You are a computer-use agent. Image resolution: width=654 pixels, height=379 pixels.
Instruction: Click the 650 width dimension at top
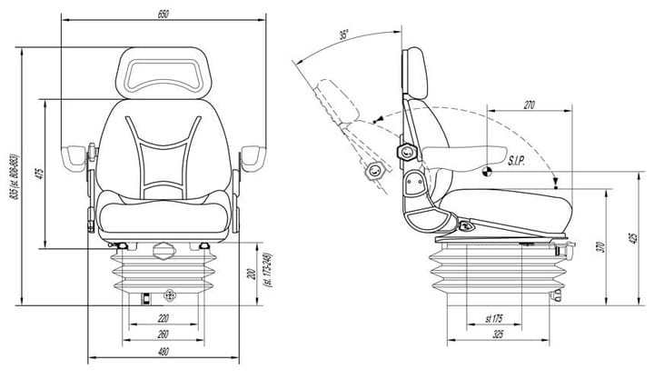163,15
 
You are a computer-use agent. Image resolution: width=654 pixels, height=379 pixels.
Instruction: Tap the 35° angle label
342,35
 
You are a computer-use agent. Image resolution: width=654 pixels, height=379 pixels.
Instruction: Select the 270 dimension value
530,105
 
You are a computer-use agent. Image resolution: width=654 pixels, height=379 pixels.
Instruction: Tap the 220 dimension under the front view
163,318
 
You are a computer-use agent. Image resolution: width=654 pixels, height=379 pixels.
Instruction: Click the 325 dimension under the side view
495,334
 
